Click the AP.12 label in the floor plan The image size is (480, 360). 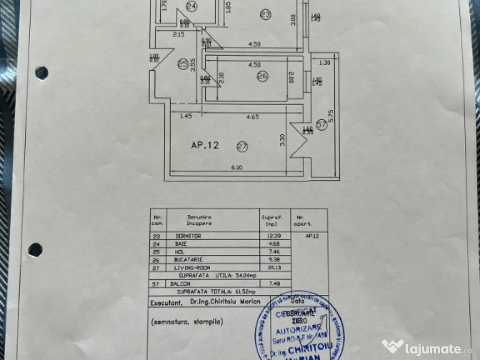pyautogui.click(x=205, y=145)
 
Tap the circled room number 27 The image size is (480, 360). pyautogui.click(x=242, y=147)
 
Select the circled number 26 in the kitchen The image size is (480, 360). pyautogui.click(x=262, y=77)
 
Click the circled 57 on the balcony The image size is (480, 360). pyautogui.click(x=321, y=125)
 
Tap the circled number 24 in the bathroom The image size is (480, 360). pyautogui.click(x=191, y=6)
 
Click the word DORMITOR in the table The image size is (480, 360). pyautogui.click(x=187, y=236)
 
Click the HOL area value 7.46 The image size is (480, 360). pyautogui.click(x=268, y=251)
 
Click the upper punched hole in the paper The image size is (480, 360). pyautogui.click(x=41, y=73)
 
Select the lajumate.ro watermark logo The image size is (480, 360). pyautogui.click(x=427, y=347)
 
